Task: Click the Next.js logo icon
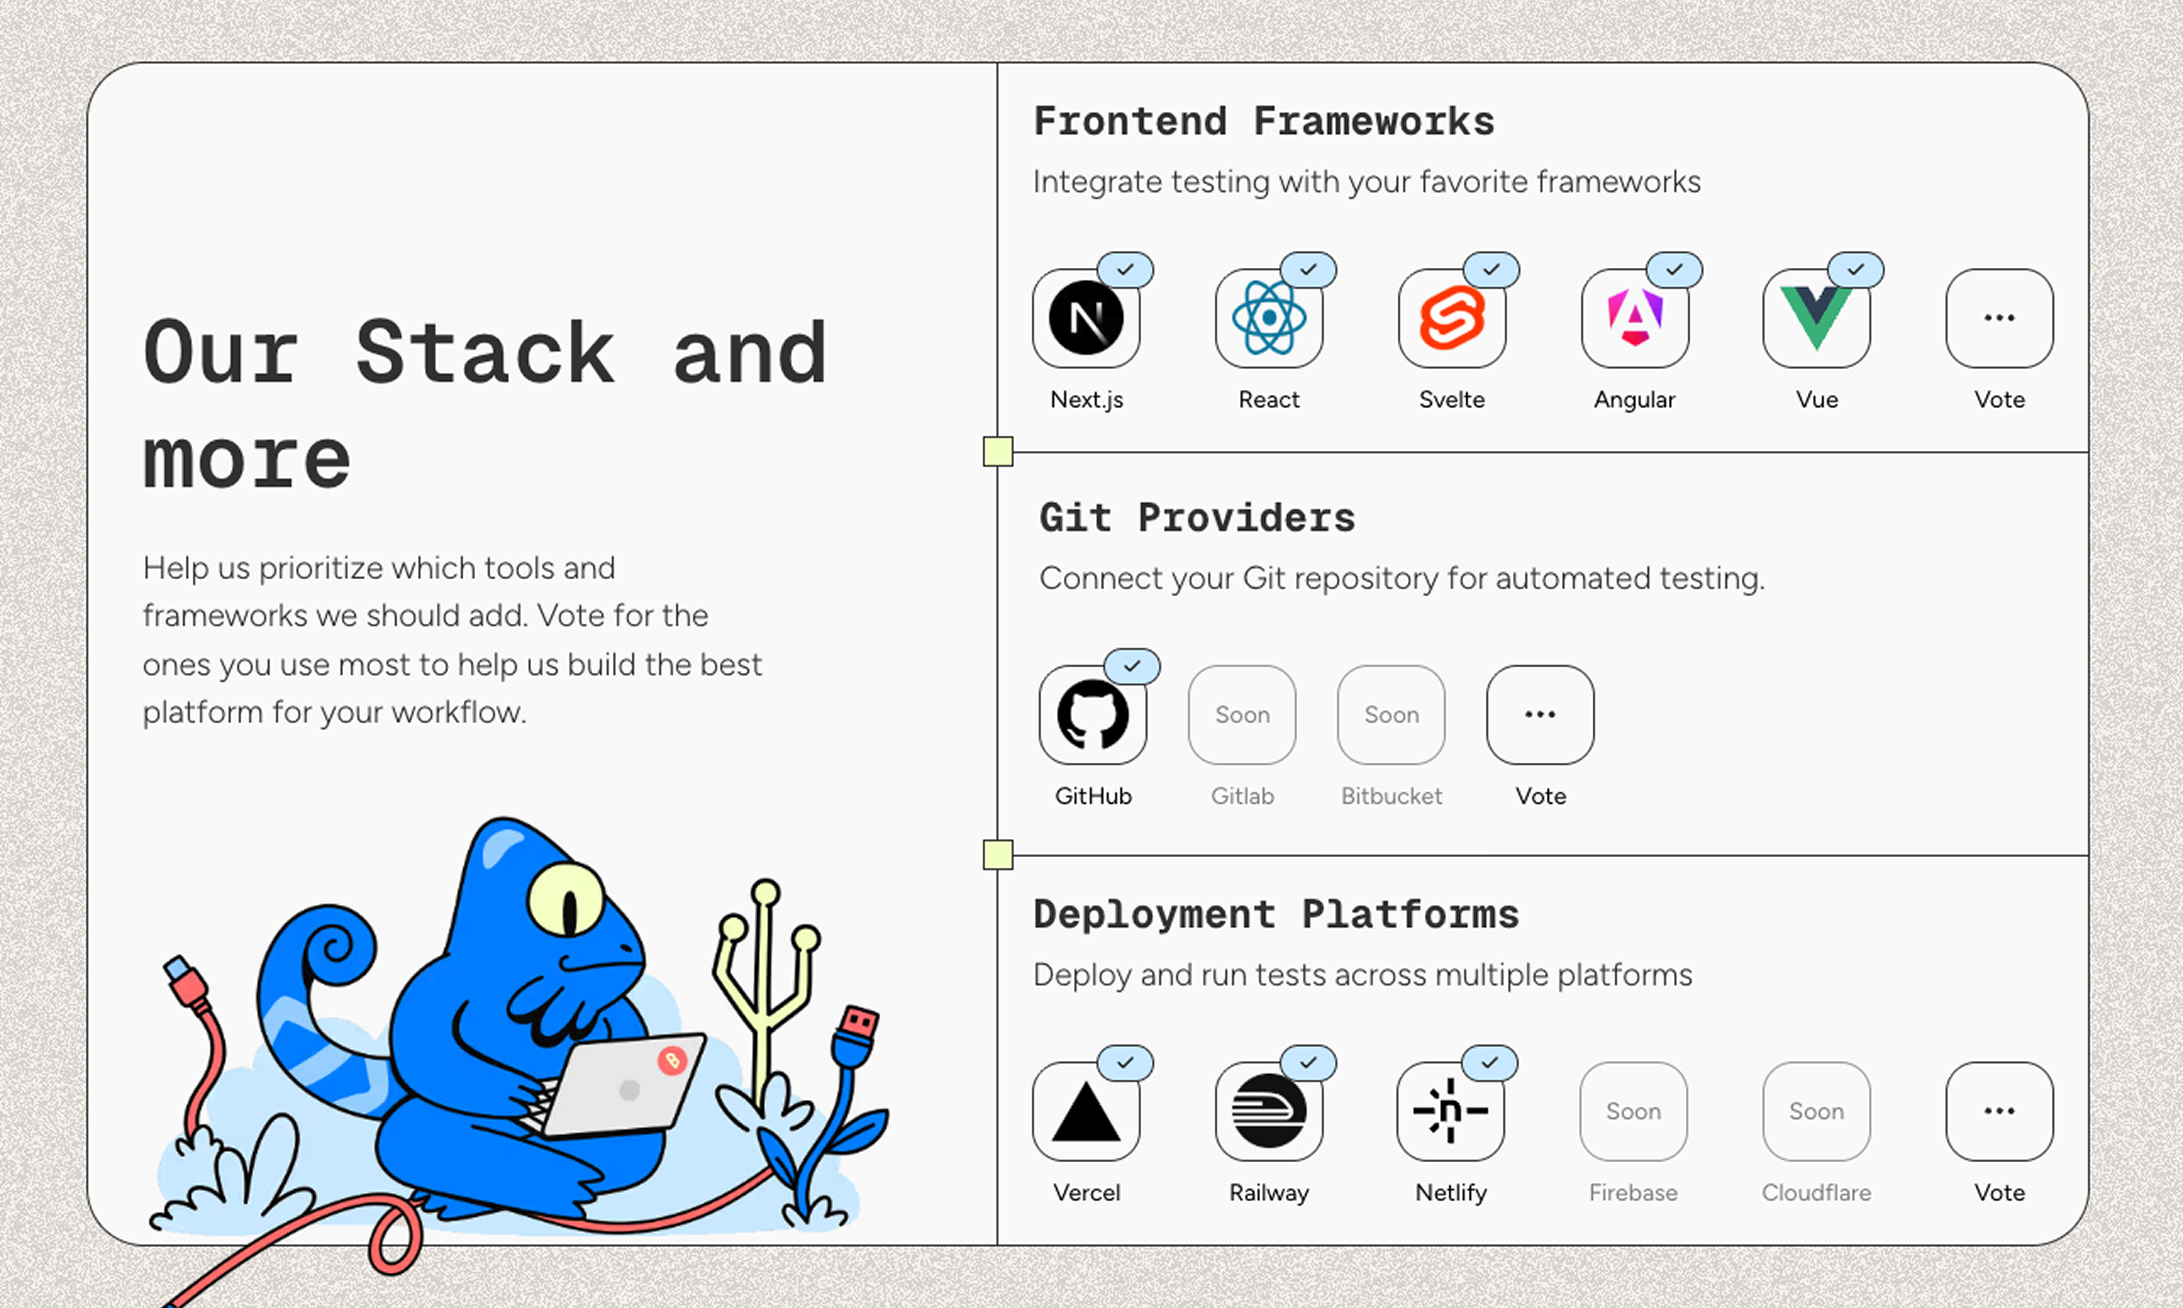[x=1086, y=318]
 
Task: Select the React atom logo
[x=1269, y=318]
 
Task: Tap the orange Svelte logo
[x=1452, y=318]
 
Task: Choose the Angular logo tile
[x=1635, y=318]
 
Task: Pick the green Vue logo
[x=1816, y=318]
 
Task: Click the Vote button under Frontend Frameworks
[x=1999, y=318]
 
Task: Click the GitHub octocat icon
[x=1093, y=715]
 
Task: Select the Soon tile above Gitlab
[x=1242, y=715]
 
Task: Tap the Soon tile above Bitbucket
[x=1391, y=715]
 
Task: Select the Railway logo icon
[x=1269, y=1112]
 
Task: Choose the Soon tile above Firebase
[x=1633, y=1112]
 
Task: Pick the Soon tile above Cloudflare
[x=1816, y=1112]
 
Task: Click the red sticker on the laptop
[x=673, y=1060]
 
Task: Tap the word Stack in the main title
[x=485, y=352]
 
